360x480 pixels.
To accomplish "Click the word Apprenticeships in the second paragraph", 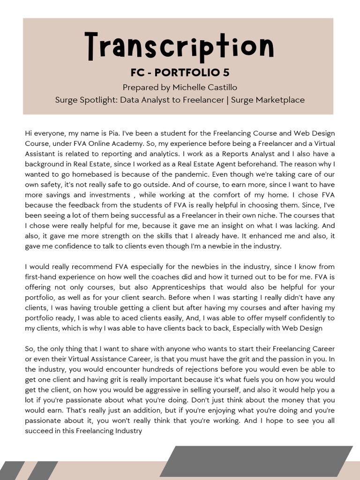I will tap(151, 287).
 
